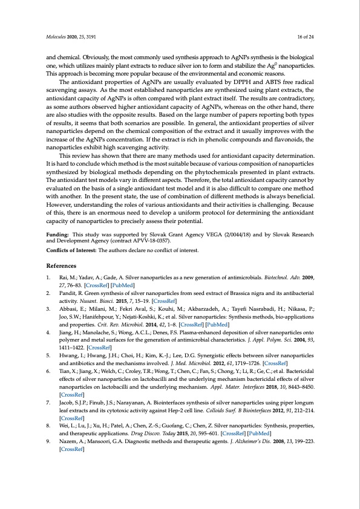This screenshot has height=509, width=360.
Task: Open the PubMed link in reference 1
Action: click(122, 284)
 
